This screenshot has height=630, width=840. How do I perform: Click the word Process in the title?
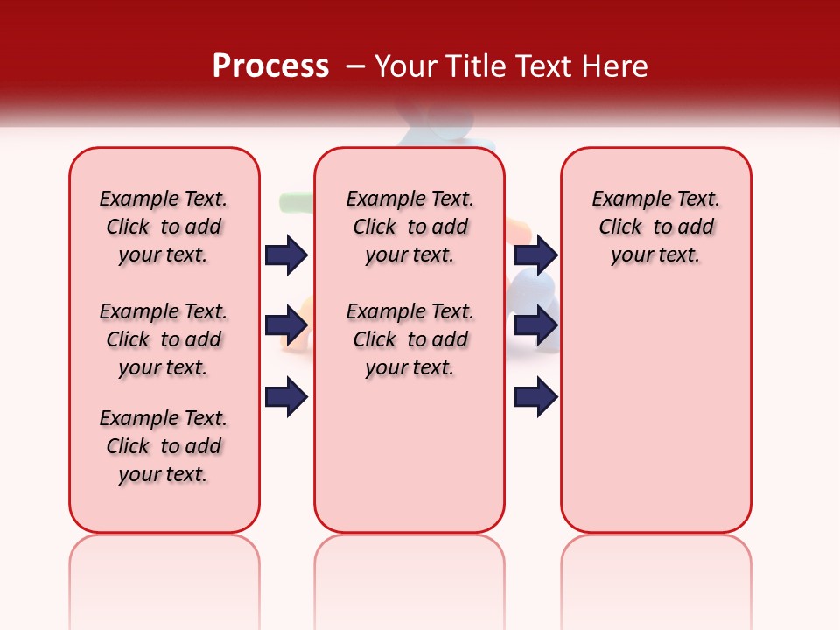(x=270, y=66)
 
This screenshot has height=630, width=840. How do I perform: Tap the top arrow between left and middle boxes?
(x=286, y=255)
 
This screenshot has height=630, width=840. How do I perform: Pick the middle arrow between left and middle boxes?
(x=286, y=325)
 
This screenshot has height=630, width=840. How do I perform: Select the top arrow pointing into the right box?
(x=536, y=255)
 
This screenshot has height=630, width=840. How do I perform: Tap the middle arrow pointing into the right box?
(x=536, y=325)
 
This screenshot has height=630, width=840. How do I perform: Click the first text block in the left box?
(x=164, y=227)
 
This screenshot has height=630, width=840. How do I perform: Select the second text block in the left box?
(x=164, y=339)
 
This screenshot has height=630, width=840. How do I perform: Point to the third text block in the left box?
(x=164, y=446)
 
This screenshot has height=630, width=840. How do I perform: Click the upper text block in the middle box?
(x=409, y=227)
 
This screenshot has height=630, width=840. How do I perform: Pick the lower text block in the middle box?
(x=409, y=339)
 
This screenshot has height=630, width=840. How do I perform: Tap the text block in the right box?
(x=655, y=227)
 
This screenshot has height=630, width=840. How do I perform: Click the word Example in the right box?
(x=626, y=199)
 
